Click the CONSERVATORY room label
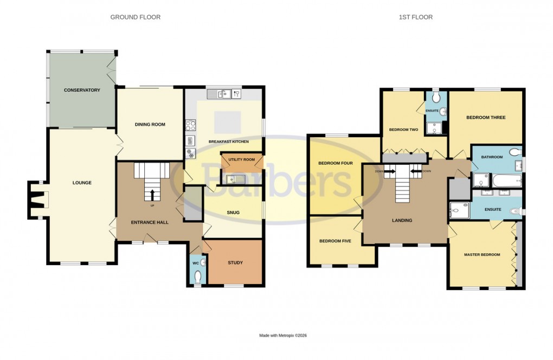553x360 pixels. click(x=82, y=90)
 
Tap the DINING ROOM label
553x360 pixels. click(x=150, y=125)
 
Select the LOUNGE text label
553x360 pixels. click(x=82, y=183)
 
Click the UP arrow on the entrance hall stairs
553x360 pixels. click(x=152, y=194)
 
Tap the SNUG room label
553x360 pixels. click(x=233, y=213)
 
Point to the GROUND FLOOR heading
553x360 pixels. click(x=136, y=17)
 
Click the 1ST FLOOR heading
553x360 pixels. click(x=416, y=17)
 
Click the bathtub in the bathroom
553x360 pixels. click(x=506, y=179)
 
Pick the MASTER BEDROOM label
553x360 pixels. click(x=482, y=254)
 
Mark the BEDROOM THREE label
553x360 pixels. click(x=486, y=118)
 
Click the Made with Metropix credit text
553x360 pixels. click(x=283, y=336)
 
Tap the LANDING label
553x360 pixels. click(x=402, y=221)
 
